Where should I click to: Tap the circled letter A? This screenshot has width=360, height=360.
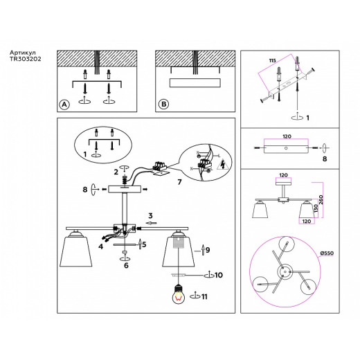click(x=64, y=105)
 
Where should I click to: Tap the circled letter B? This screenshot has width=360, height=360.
click(x=164, y=105)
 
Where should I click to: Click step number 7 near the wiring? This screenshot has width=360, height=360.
click(x=179, y=182)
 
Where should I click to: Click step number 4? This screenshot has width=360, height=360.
click(x=100, y=246)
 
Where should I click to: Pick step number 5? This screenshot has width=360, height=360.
click(x=144, y=244)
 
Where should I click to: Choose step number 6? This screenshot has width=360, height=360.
click(x=125, y=265)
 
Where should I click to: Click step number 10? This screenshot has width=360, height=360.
click(x=218, y=276)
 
